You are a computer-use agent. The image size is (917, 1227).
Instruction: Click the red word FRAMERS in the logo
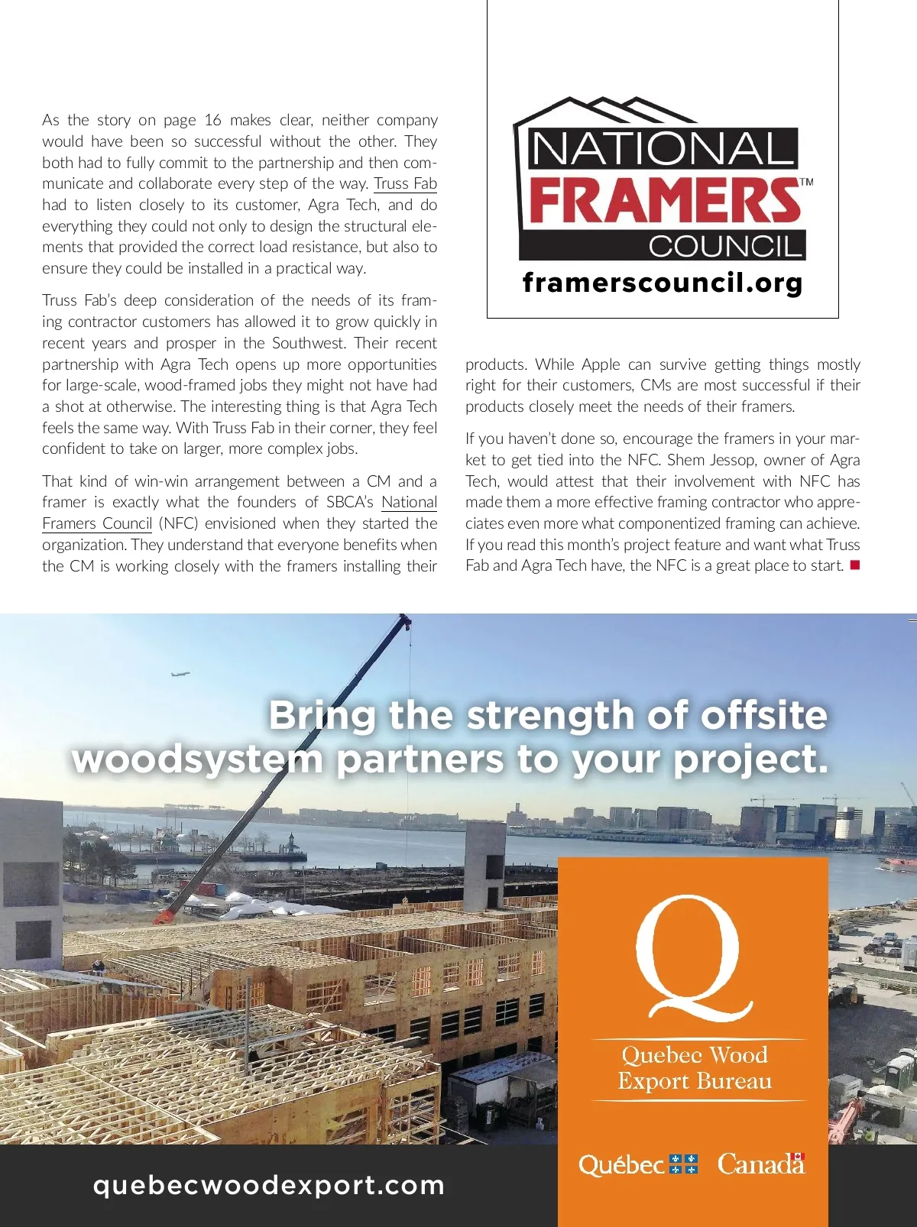pos(663,200)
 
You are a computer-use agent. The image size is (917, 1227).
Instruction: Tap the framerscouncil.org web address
pos(663,283)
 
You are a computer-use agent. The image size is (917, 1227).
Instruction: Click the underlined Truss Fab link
pos(405,183)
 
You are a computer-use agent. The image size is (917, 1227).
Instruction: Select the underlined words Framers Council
pos(97,523)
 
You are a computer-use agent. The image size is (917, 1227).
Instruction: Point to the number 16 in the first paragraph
pos(213,120)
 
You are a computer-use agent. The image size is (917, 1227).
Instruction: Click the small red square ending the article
pos(855,565)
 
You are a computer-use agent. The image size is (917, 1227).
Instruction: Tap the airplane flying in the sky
pos(180,674)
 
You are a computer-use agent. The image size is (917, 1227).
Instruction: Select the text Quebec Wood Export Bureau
pos(695,1068)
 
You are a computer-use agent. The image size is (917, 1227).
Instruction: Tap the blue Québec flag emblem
pos(683,1164)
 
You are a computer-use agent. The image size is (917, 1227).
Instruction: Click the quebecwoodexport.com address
pos(269,1185)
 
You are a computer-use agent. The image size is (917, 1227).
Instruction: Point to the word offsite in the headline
pos(764,715)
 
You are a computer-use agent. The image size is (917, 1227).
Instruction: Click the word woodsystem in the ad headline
pos(198,759)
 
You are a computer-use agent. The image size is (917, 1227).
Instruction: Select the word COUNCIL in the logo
pos(725,246)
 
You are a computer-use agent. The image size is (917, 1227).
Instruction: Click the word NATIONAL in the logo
pos(662,149)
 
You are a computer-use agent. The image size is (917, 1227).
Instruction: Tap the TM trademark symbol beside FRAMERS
pos(806,183)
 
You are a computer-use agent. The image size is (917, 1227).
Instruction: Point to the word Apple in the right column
pos(601,364)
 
